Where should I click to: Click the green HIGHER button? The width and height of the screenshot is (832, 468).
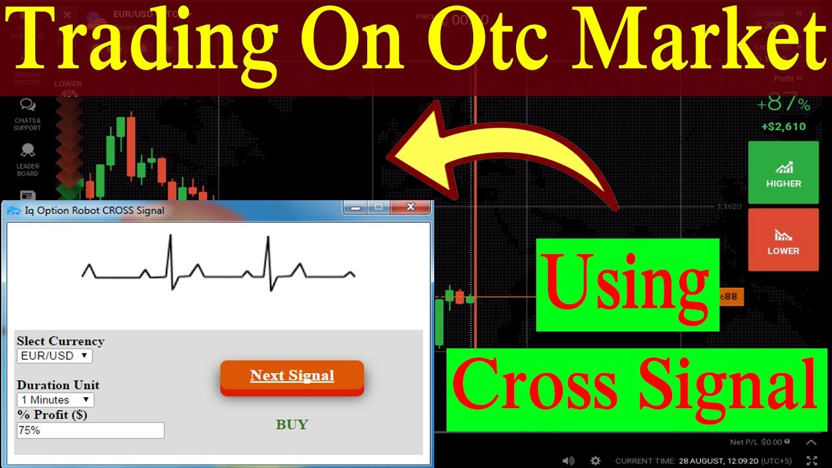click(x=783, y=173)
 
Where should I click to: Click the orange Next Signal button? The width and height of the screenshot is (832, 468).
click(x=292, y=376)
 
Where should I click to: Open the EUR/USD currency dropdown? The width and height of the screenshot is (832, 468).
click(x=55, y=356)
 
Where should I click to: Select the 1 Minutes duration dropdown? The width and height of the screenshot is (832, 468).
click(x=55, y=400)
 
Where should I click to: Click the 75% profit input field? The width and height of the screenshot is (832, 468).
click(x=90, y=430)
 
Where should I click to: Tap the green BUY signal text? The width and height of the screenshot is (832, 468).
click(x=292, y=424)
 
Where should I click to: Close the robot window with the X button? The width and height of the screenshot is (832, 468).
click(x=410, y=207)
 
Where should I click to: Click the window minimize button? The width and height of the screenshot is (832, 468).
click(x=355, y=207)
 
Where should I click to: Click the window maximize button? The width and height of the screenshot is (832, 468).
click(x=378, y=207)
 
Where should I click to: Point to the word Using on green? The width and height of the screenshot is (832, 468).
click(x=627, y=285)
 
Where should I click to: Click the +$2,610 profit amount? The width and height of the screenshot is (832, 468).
click(x=783, y=127)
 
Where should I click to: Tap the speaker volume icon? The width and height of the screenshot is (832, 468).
click(x=568, y=460)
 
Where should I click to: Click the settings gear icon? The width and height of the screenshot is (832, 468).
click(x=595, y=460)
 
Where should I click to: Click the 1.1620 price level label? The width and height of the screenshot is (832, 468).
click(x=729, y=207)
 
